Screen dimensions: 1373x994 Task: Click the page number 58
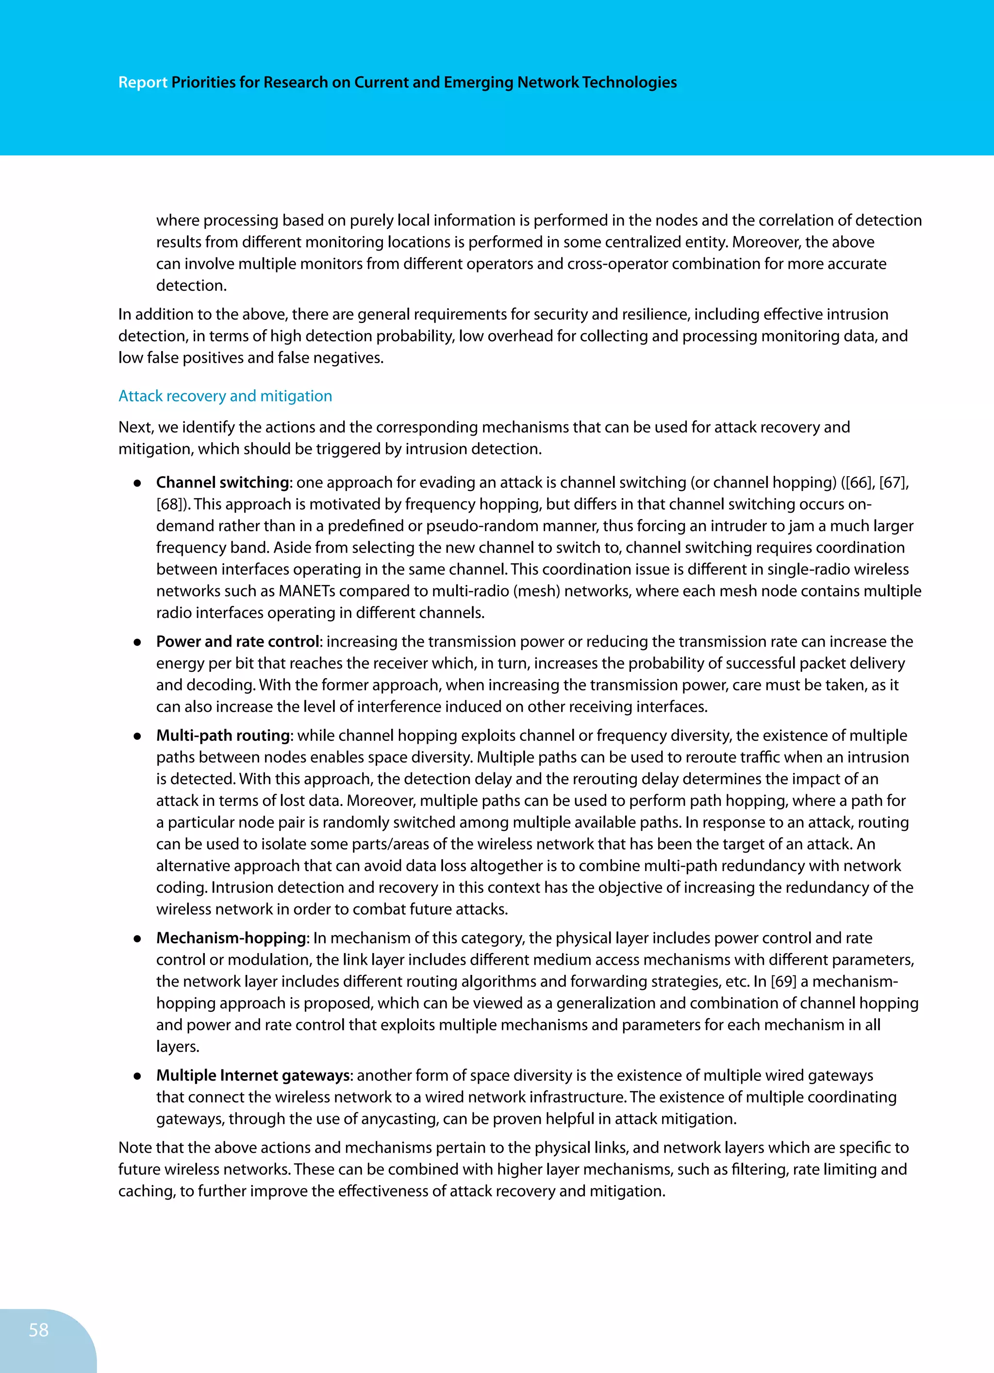pyautogui.click(x=38, y=1329)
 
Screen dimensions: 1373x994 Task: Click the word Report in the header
pyautogui.click(x=142, y=83)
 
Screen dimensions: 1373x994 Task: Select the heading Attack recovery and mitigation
pyautogui.click(x=225, y=396)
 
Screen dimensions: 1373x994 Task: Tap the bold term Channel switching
pyautogui.click(x=222, y=483)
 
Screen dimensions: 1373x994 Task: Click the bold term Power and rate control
pyautogui.click(x=237, y=642)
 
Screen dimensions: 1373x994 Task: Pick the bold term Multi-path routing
pyautogui.click(x=223, y=736)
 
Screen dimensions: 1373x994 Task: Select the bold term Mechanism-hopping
pyautogui.click(x=231, y=938)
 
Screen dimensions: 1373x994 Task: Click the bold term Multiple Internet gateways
pyautogui.click(x=253, y=1075)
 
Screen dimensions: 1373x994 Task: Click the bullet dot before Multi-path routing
pyautogui.click(x=137, y=736)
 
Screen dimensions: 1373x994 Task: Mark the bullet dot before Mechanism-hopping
pyautogui.click(x=137, y=938)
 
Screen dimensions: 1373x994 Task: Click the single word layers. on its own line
pyautogui.click(x=177, y=1047)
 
